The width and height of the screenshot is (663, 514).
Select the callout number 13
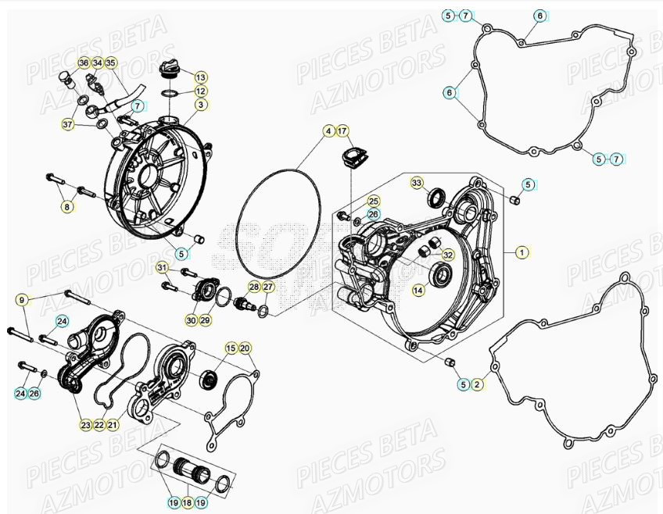click(x=200, y=77)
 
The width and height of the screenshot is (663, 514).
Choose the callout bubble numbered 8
click(x=68, y=206)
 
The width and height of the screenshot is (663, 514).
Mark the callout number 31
click(x=162, y=269)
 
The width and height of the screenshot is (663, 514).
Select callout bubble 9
click(x=22, y=300)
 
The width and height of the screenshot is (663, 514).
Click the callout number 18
click(x=186, y=502)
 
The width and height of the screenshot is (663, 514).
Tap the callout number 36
click(x=84, y=62)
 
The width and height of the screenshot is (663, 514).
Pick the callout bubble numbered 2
click(x=476, y=384)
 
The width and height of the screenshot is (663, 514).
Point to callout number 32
click(x=447, y=255)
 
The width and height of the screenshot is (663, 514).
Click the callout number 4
click(x=329, y=130)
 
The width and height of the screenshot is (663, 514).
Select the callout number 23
click(x=84, y=424)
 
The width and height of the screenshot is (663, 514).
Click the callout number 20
click(x=244, y=348)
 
